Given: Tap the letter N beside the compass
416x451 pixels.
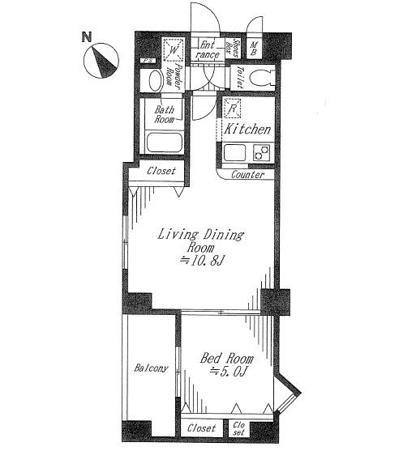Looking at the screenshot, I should click(86, 36).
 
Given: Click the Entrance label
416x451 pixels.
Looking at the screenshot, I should click(208, 50).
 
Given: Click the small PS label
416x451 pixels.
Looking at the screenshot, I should click(147, 61).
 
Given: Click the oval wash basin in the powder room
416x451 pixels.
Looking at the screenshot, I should click(152, 80).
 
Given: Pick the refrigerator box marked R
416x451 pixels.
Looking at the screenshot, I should click(231, 108).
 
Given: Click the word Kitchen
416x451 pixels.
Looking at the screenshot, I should click(247, 130).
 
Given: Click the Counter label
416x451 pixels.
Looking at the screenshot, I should click(247, 175).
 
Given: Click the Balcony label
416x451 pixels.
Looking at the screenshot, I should click(150, 368).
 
